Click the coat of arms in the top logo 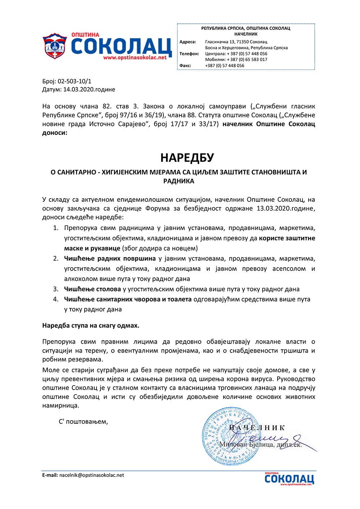[55, 46]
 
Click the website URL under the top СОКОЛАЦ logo [135, 58]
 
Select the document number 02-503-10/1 [75, 81]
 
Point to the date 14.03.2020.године [89, 90]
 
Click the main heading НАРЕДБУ [187, 158]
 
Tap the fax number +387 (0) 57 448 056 [225, 65]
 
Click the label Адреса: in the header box [188, 42]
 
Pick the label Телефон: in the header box [189, 54]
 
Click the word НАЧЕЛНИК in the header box [246, 34]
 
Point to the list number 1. [55, 228]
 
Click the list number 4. [55, 299]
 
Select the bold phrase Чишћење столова [93, 289]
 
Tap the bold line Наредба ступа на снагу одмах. [91, 326]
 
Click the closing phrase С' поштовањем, [83, 422]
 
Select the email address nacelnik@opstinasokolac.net [91, 475]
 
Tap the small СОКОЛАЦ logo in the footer [289, 479]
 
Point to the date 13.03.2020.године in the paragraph [286, 209]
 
